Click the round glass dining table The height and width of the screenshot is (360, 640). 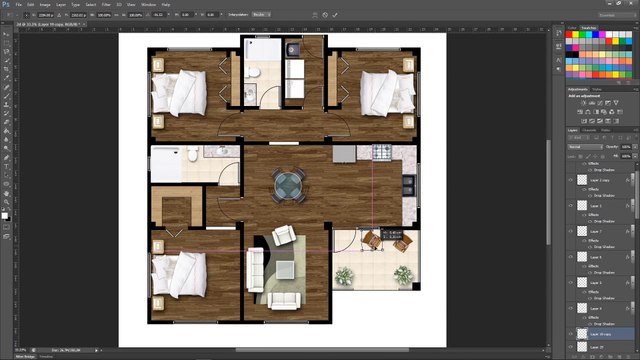(290, 183)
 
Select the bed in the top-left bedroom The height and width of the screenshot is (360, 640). (181, 91)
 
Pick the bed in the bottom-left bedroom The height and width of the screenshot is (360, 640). (181, 274)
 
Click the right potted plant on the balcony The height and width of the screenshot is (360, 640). (403, 274)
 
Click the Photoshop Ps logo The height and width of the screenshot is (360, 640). (5, 4)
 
